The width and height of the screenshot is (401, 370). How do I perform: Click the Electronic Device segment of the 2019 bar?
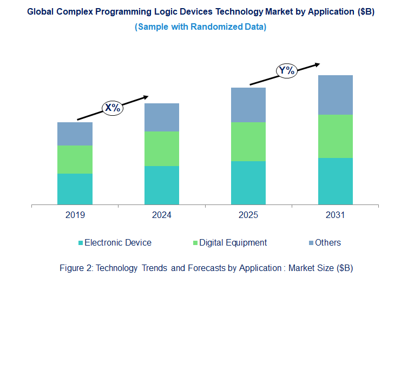pyautogui.click(x=75, y=189)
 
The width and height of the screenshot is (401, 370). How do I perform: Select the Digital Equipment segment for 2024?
pyautogui.click(x=161, y=149)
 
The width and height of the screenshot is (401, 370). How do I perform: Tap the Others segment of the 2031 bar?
pyautogui.click(x=335, y=95)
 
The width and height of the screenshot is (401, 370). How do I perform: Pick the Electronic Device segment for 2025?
pyautogui.click(x=248, y=183)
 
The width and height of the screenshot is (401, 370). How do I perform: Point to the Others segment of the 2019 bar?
pyautogui.click(x=75, y=134)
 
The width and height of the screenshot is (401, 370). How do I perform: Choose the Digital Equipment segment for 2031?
pyautogui.click(x=335, y=136)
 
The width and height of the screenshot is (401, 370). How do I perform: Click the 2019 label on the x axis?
pyautogui.click(x=75, y=215)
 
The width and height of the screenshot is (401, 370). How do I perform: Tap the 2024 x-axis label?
pyautogui.click(x=161, y=215)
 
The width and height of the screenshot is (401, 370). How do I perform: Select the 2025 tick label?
pyautogui.click(x=248, y=215)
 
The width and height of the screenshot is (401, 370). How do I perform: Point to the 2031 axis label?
pyautogui.click(x=335, y=215)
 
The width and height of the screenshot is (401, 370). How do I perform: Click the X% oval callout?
pyautogui.click(x=113, y=108)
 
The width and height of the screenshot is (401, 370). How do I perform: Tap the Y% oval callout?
pyautogui.click(x=286, y=70)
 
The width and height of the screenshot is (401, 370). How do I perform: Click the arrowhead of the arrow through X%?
pyautogui.click(x=146, y=97)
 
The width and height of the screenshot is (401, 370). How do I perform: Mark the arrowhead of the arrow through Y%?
pyautogui.click(x=318, y=64)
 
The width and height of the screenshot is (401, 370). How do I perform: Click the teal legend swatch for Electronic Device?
pyautogui.click(x=81, y=243)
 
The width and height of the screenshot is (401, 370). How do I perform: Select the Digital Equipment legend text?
pyautogui.click(x=233, y=243)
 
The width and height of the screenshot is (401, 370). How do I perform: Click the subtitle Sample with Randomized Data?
pyautogui.click(x=200, y=27)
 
